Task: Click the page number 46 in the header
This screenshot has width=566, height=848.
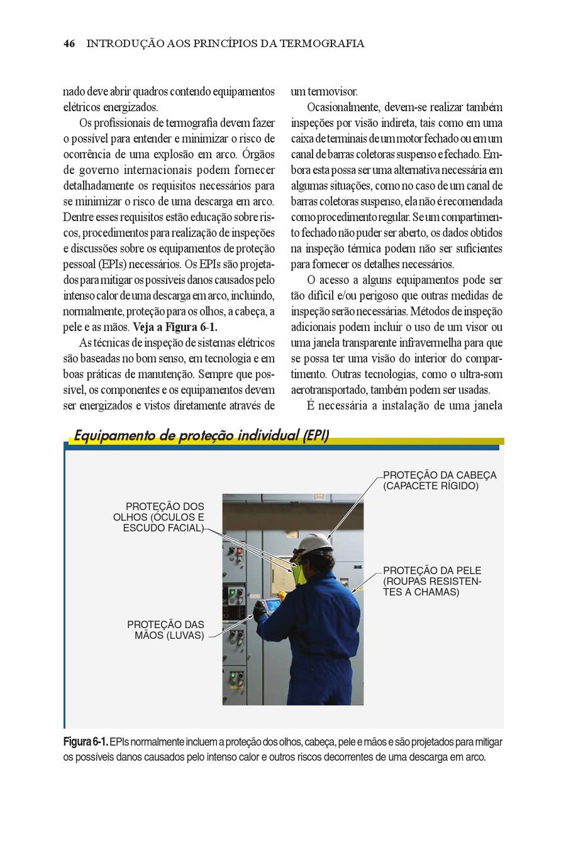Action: click(69, 44)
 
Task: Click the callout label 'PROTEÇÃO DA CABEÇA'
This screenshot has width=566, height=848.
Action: click(440, 476)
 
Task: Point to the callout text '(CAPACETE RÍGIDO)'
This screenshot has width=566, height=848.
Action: click(431, 486)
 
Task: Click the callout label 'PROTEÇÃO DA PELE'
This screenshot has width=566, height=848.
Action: click(432, 571)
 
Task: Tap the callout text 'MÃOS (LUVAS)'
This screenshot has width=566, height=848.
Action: click(169, 636)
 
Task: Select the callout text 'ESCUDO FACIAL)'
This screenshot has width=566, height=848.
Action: click(163, 528)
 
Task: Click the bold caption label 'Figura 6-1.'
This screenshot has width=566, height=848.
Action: click(86, 742)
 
